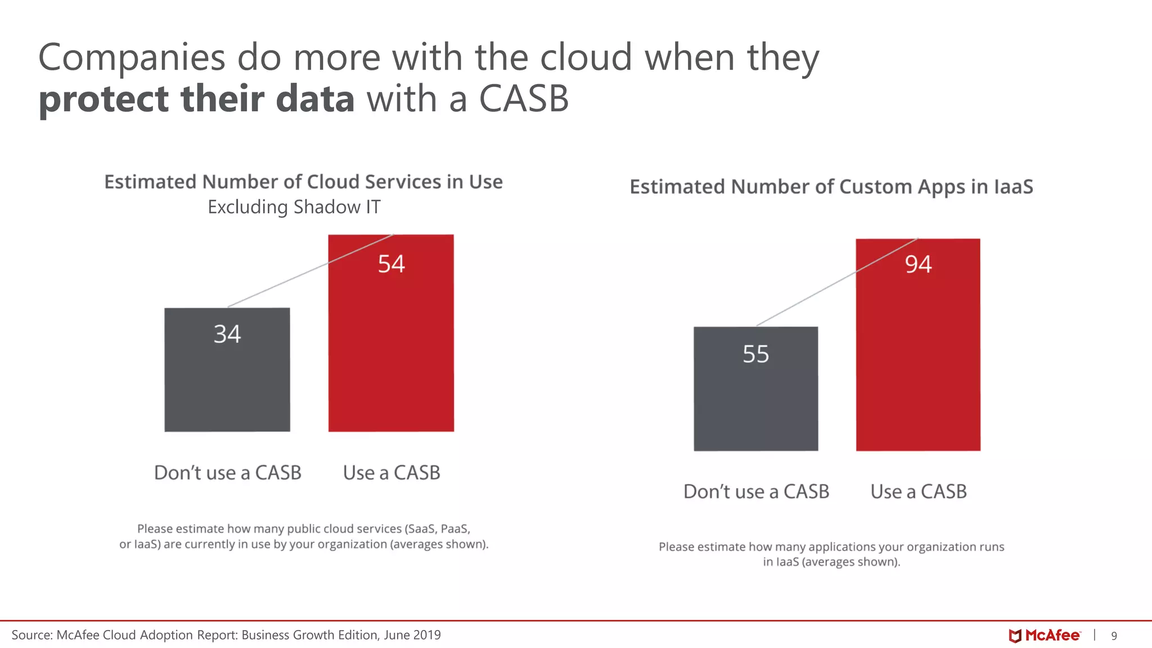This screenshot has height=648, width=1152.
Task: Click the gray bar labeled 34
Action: pyautogui.click(x=227, y=382)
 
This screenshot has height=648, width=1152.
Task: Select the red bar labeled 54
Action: pyautogui.click(x=391, y=349)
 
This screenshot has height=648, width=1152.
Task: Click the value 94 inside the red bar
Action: pyautogui.click(x=918, y=264)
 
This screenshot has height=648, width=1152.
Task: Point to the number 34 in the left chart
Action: pyautogui.click(x=227, y=334)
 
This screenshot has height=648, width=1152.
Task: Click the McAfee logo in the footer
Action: pyautogui.click(x=1045, y=636)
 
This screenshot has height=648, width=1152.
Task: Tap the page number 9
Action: pyautogui.click(x=1114, y=636)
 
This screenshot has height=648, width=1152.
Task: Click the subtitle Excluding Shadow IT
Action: pyautogui.click(x=294, y=207)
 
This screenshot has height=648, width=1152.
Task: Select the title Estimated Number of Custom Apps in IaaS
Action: pyautogui.click(x=831, y=187)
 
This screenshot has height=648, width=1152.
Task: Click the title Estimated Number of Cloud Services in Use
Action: pyautogui.click(x=303, y=182)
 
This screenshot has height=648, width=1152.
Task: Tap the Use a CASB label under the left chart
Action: pyautogui.click(x=391, y=472)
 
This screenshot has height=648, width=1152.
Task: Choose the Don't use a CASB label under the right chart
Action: pyautogui.click(x=756, y=492)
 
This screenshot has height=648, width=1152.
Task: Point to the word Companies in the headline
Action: pyautogui.click(x=132, y=57)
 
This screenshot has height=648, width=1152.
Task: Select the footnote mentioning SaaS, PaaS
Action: pyautogui.click(x=304, y=537)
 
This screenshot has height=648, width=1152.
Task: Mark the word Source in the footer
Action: pyautogui.click(x=31, y=635)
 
